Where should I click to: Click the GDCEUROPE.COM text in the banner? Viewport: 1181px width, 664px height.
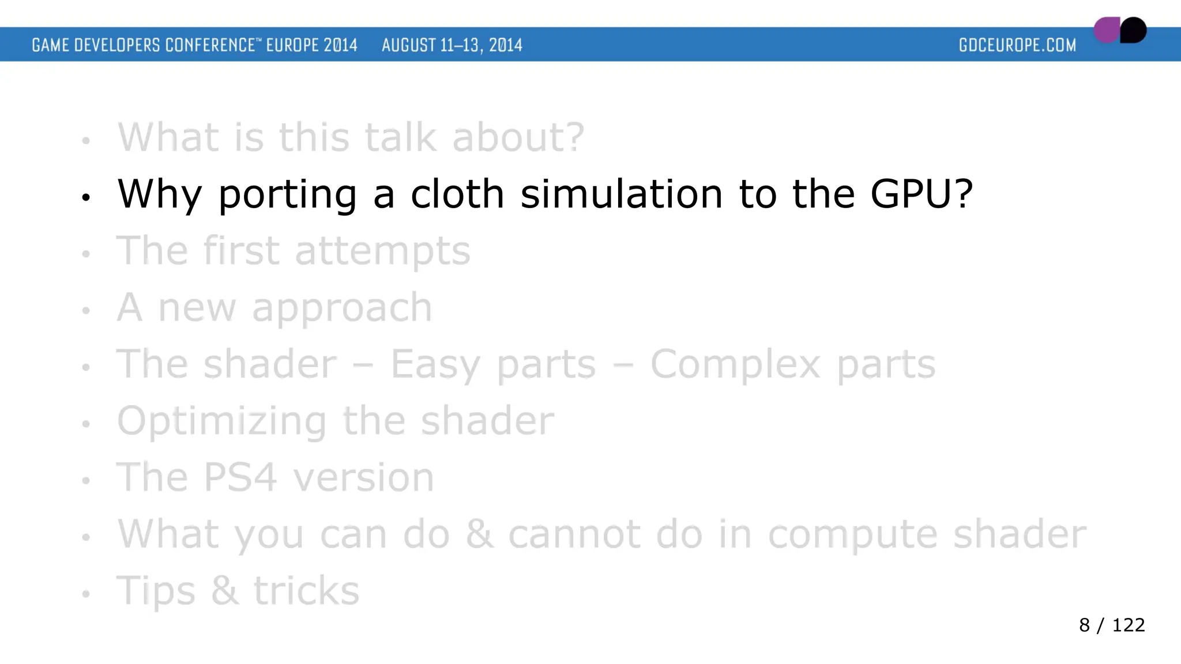coord(1017,45)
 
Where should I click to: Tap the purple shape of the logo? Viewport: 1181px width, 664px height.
coord(1106,31)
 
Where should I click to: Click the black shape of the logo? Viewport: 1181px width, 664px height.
coord(1134,30)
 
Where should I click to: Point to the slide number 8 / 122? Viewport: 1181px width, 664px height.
coord(1111,625)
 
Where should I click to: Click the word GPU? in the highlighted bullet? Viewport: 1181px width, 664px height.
coord(922,194)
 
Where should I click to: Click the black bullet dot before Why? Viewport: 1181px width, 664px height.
coord(86,198)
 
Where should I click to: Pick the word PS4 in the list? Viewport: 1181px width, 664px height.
coord(240,477)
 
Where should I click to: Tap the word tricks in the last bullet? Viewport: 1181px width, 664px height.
coord(306,591)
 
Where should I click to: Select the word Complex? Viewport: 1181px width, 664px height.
coord(735,365)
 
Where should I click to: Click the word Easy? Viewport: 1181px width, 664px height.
coord(435,365)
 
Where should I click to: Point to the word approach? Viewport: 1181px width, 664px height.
coord(341,309)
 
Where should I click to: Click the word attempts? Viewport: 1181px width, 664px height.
coord(382,251)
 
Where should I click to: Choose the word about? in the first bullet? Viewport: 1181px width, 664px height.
coord(518,137)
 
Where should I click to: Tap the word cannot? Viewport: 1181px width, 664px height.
coord(574,534)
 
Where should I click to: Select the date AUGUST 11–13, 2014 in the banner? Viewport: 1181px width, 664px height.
coord(452,45)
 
